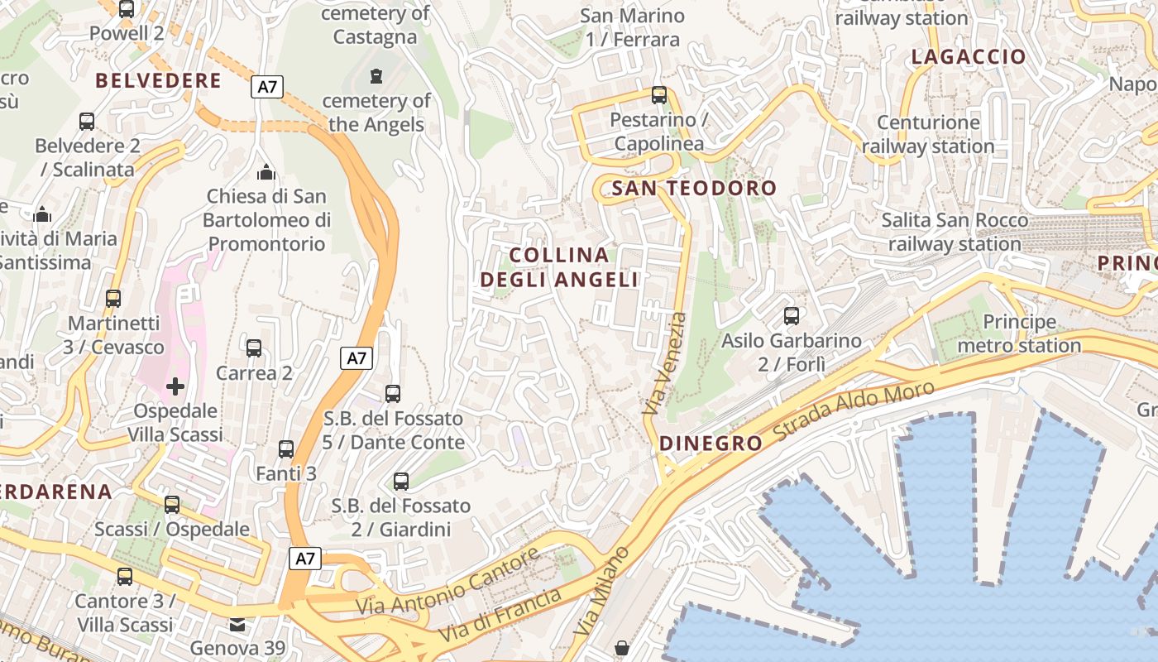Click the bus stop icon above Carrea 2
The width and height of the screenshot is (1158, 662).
254,348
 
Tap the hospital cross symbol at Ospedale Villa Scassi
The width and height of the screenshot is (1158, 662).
175,386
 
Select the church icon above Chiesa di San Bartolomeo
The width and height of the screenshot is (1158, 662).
266,172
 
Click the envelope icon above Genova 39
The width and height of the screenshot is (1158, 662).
238,624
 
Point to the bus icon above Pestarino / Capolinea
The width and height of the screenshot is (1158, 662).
659,95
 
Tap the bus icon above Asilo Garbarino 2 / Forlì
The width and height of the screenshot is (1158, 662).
792,316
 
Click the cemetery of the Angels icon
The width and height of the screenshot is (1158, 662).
376,77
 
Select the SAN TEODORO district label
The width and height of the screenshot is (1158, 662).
694,189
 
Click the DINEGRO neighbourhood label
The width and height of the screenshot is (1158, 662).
711,444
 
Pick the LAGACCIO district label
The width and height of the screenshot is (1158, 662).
968,57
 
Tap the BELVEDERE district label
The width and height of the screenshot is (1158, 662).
158,81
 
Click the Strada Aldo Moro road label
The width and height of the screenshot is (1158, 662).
854,411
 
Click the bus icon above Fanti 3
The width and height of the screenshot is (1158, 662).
286,450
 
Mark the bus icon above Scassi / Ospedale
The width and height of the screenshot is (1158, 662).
172,505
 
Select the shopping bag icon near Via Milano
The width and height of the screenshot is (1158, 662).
622,647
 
